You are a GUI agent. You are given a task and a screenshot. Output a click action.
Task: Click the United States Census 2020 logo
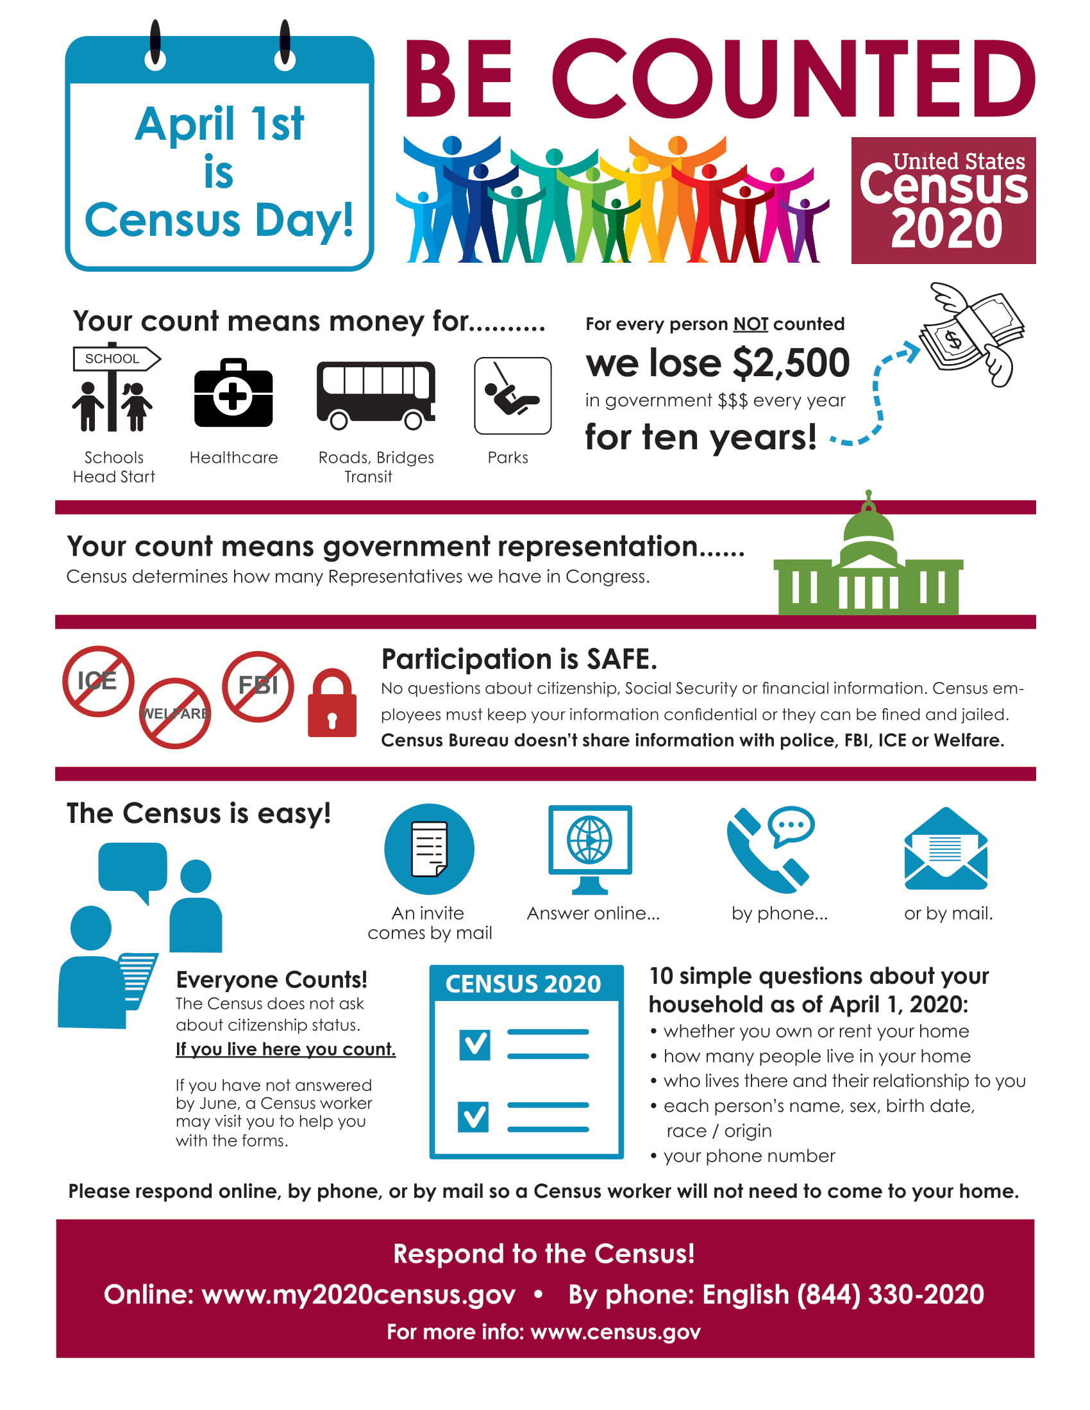[x=943, y=200]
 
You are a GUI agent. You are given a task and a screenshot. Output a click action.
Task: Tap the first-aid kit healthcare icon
[x=233, y=393]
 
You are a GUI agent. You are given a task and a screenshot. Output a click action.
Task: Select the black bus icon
[x=375, y=394]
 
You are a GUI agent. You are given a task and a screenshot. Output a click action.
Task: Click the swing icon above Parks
[x=512, y=395]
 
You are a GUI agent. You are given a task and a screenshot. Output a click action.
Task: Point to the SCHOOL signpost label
[x=112, y=359]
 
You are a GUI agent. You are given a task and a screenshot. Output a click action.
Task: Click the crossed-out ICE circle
[x=98, y=681]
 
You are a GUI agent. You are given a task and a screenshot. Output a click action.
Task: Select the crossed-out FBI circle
[x=258, y=686]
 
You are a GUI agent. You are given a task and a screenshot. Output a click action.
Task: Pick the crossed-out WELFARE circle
[x=174, y=713]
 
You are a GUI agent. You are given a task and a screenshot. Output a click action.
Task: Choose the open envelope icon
[x=945, y=849]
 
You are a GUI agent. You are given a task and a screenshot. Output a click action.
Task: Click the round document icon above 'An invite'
[x=429, y=849]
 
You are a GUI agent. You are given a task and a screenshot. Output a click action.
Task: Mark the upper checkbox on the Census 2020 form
[x=474, y=1045]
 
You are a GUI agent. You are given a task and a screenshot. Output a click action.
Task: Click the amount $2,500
[x=791, y=363]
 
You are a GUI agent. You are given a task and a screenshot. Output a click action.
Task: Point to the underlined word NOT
[x=750, y=324]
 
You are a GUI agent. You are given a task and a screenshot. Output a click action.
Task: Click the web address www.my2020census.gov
[x=358, y=1294]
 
